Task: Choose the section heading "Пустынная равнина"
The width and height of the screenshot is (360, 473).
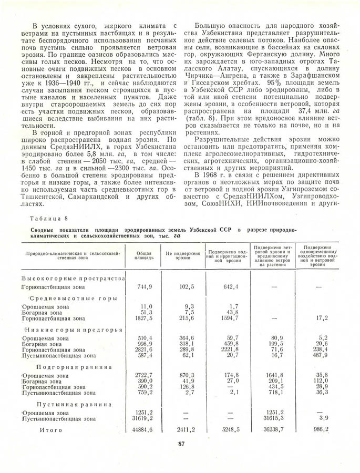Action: pyautogui.click(x=74, y=405)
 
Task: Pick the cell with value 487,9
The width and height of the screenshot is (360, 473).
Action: pyautogui.click(x=318, y=355)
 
